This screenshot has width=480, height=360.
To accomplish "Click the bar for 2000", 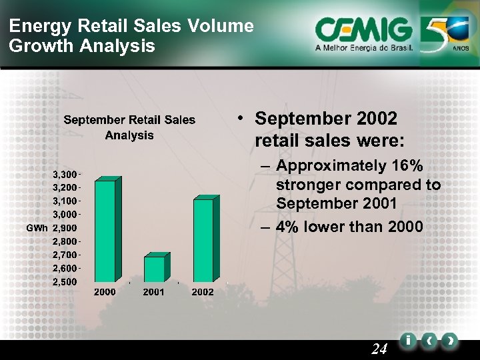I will [x=105, y=230].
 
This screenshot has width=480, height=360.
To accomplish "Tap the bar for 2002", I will [x=203, y=240].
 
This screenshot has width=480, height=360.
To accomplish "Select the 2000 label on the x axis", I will [x=105, y=292].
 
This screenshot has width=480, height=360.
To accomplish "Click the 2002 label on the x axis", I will [x=203, y=292].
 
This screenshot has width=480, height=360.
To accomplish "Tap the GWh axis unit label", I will [x=37, y=228].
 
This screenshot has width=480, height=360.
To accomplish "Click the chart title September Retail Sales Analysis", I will [x=129, y=127].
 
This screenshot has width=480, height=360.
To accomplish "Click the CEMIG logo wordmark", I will [x=363, y=29].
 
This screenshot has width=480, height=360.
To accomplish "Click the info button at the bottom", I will [x=408, y=341].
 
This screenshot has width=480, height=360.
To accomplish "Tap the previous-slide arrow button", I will [x=430, y=341].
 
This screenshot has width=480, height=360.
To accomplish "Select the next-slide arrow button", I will [x=451, y=341].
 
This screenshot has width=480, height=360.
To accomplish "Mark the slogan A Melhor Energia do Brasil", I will [x=364, y=49].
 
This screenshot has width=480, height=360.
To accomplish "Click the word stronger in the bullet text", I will [x=310, y=185].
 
